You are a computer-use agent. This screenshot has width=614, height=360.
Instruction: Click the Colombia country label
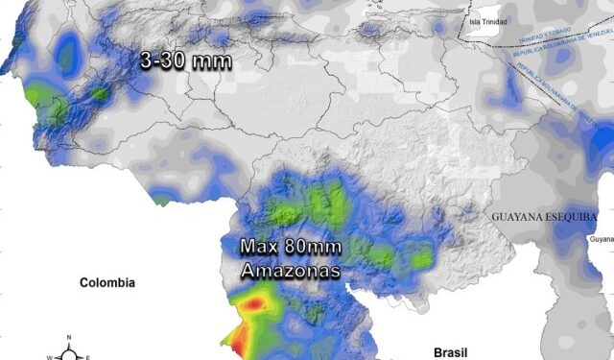[x=106, y=283]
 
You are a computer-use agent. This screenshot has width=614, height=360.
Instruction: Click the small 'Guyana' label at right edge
[x=602, y=238]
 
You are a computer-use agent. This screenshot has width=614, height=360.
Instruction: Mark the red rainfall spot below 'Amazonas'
[x=253, y=304]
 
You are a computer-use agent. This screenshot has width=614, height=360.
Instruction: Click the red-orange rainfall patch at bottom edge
[x=236, y=343]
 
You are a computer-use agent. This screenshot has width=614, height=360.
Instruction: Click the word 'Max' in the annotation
[x=259, y=247]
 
